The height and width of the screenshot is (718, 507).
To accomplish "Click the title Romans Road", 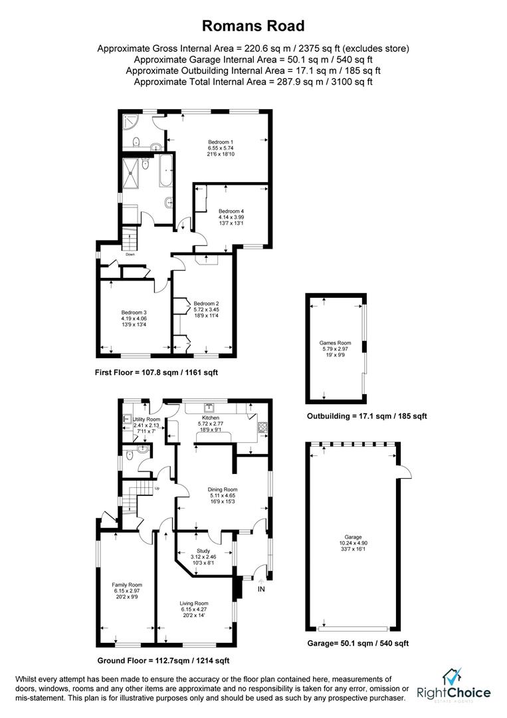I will [253, 26].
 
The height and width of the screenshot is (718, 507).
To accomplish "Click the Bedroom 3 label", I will [134, 312].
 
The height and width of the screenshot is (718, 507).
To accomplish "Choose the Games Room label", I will [336, 343].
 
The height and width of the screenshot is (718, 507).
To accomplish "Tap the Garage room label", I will [353, 537].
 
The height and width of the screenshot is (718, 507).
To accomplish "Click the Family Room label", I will [123, 584].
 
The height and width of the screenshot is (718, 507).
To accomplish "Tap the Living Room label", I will [194, 603].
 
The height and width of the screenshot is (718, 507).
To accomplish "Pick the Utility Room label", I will [147, 419].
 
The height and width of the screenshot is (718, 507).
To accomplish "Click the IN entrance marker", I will [261, 589].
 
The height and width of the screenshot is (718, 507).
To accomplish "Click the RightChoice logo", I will [454, 686].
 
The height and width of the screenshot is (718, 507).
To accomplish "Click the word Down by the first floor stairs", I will [130, 253].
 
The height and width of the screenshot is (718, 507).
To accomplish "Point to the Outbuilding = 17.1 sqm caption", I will [366, 416].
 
